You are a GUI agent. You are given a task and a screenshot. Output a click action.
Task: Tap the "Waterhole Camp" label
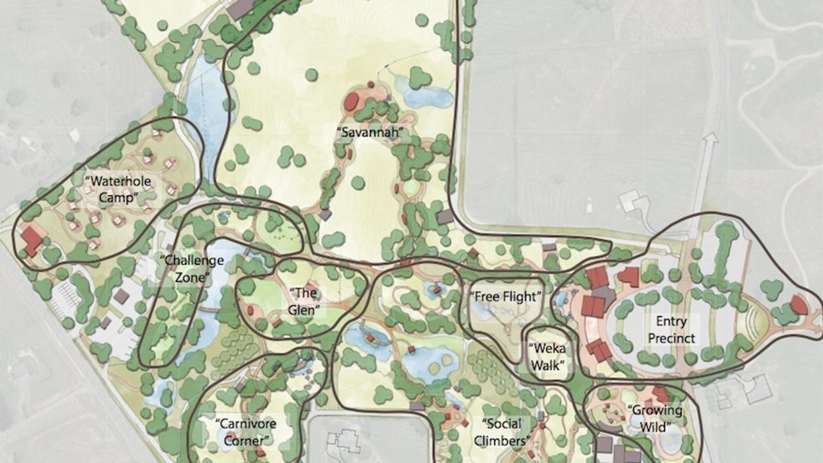click(x=118, y=189)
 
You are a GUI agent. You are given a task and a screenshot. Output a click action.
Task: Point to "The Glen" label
click(x=305, y=301)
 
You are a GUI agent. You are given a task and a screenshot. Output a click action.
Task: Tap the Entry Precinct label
click(x=671, y=329)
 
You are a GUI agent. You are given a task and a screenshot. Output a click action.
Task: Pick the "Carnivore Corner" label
click(x=245, y=432)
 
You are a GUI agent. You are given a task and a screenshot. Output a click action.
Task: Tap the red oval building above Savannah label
click(x=352, y=102)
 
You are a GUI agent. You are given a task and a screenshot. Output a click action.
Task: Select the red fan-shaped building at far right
click(x=799, y=304)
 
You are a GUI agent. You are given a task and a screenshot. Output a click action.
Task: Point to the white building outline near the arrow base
click(x=633, y=200)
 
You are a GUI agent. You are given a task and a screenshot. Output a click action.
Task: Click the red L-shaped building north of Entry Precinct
click(x=629, y=276)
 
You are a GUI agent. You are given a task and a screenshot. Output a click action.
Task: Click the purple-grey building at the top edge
click(x=241, y=8)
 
